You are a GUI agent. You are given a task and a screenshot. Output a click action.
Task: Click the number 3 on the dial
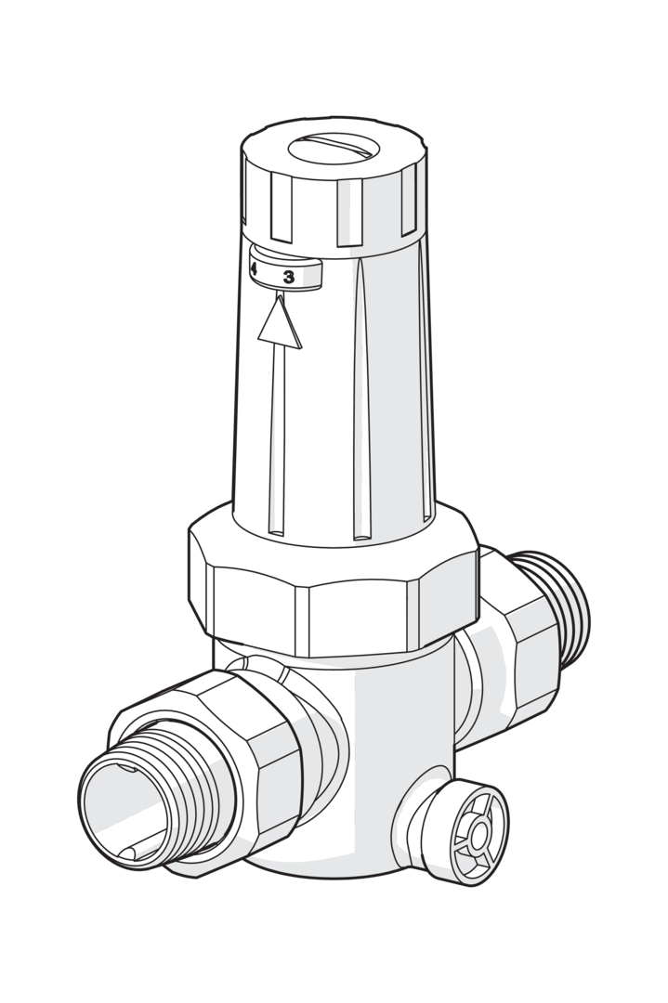tap(289, 277)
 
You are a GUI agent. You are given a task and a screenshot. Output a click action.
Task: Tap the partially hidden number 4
tap(254, 270)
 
